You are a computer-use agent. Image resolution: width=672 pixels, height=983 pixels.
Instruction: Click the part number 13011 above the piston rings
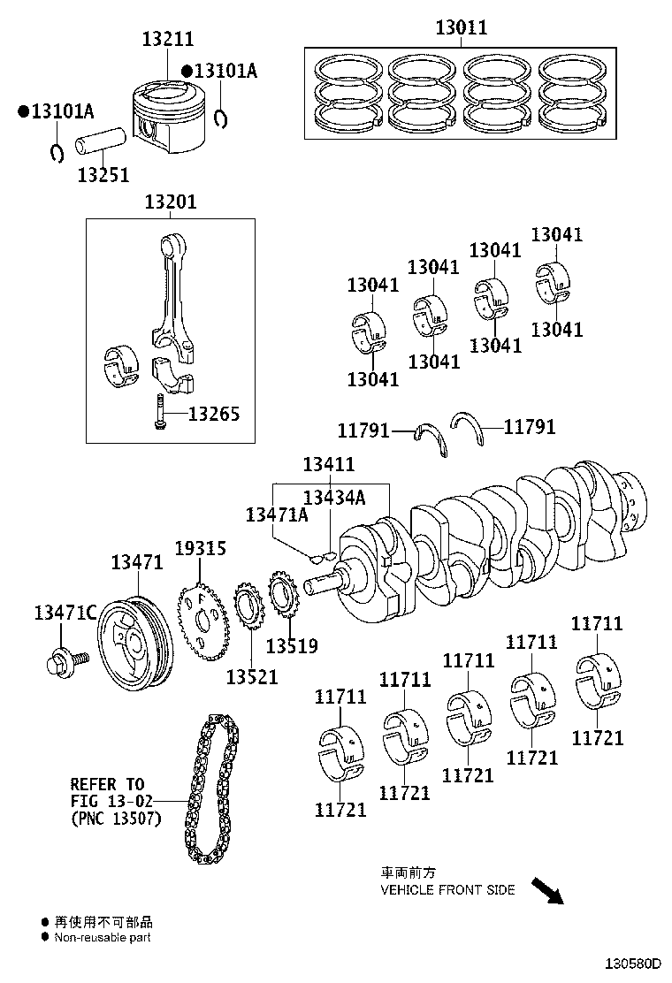462,27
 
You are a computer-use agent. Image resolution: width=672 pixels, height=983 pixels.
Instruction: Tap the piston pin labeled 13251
101,142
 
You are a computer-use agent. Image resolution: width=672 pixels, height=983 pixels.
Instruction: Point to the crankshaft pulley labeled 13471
135,644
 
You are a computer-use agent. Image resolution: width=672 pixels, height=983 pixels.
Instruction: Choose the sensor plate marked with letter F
200,621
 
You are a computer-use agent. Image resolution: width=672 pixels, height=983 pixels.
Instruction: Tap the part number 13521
251,677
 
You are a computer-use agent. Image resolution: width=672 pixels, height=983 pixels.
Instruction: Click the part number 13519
292,645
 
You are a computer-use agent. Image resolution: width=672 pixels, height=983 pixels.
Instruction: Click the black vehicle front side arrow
547,891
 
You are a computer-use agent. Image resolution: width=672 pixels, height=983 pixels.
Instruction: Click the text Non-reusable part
103,937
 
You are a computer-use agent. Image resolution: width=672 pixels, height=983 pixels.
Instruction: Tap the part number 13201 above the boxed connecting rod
171,202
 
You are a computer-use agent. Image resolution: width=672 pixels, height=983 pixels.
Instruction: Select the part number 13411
328,464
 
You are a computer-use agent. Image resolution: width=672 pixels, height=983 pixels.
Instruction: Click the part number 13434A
334,497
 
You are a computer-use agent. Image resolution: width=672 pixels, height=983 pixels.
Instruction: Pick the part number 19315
200,549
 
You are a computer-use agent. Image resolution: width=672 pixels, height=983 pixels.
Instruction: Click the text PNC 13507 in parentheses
117,818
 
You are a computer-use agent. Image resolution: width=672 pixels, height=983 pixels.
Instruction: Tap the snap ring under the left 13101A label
57,152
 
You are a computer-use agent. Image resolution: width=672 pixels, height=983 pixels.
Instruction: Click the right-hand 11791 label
530,427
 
